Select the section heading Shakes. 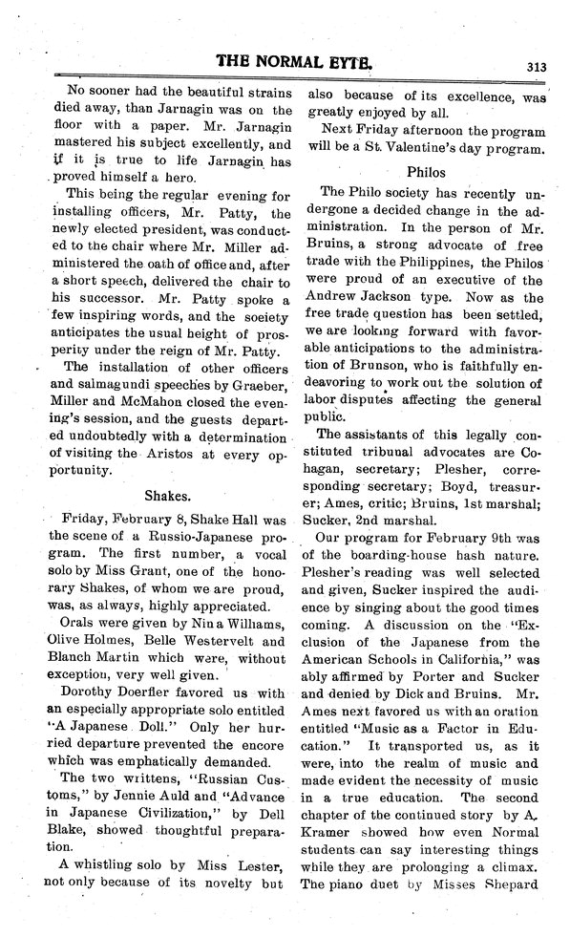[170, 496]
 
